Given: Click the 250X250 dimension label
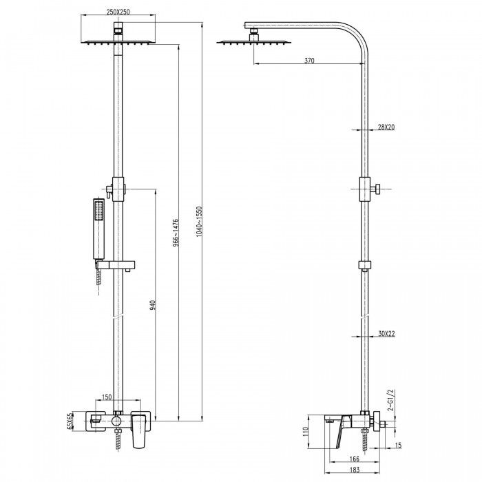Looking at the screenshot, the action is pos(118,12).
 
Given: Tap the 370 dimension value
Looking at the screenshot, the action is pos(309,61).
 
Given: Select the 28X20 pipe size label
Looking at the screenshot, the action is pos(386,127).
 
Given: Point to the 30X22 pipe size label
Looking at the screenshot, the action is pos(386,333).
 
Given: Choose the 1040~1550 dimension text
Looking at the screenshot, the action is pos(199,221).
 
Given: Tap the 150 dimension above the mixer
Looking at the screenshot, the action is pos(107,397).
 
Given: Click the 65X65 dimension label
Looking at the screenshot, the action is pos(70,421).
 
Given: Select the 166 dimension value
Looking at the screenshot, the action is pos(355,459).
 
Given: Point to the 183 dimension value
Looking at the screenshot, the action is pos(355,470).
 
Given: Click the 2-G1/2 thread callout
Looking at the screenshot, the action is pos(390,400).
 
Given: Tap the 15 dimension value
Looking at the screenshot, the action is pos(398,445).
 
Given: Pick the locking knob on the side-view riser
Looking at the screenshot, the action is pos(376,189).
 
